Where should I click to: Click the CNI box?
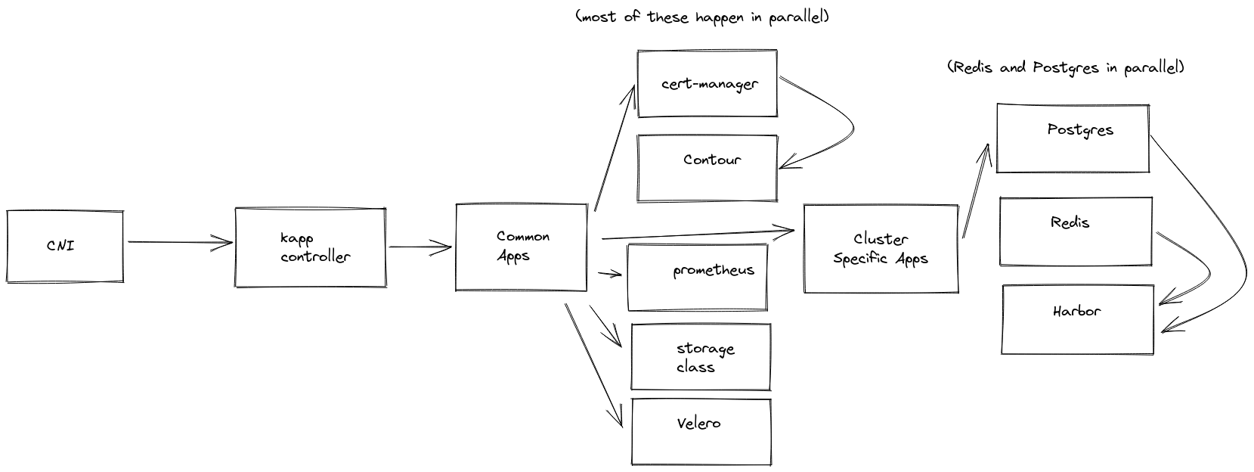coord(65,247)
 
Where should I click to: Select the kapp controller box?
coord(310,248)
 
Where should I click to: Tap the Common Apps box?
coord(522,247)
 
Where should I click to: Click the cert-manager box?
coord(708,83)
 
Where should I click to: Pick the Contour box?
coord(708,168)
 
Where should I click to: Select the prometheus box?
coord(698,277)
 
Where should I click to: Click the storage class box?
coord(701,357)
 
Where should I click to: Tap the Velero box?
coord(701,432)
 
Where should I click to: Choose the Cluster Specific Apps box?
coord(881,249)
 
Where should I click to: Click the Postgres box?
coord(1073,138)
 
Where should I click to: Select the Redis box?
coord(1076,231)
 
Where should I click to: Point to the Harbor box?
coord(1078,319)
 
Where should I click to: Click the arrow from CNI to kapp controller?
coord(180,243)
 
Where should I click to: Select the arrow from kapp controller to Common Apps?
coord(420,246)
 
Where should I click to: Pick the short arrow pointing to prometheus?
coord(609,273)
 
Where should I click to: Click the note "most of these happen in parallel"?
coord(701,17)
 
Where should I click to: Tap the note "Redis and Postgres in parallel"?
coord(1065,67)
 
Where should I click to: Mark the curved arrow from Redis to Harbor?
coord(1200,261)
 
